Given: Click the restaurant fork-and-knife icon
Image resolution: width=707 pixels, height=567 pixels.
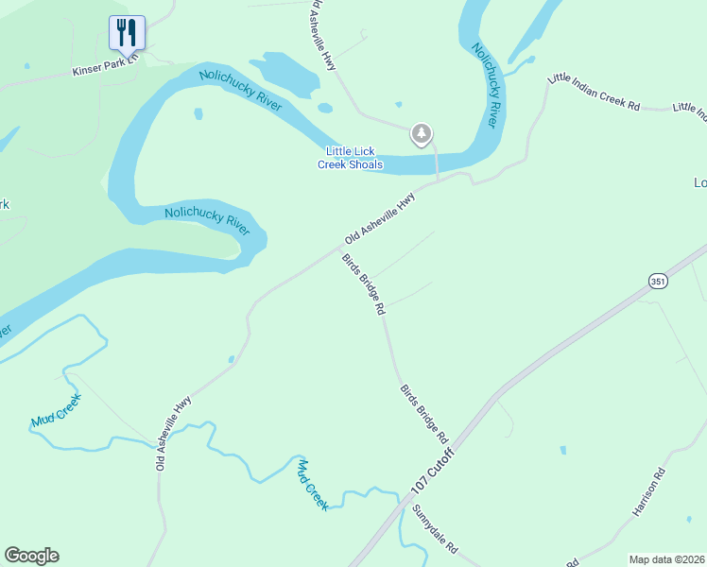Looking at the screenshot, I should [126, 33].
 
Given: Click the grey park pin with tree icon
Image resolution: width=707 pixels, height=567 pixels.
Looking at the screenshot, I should [422, 134].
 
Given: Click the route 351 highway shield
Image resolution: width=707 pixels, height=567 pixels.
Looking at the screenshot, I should [658, 281].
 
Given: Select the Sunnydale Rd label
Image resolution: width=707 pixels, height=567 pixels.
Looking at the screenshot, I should [435, 528].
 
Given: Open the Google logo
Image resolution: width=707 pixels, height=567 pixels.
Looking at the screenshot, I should [31, 556].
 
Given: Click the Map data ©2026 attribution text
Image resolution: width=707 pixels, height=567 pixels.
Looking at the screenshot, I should [666, 558].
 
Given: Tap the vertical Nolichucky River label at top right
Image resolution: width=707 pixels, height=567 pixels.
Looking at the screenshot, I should [485, 85].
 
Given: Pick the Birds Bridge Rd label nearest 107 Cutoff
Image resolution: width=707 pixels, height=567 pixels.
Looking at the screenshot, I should [423, 414].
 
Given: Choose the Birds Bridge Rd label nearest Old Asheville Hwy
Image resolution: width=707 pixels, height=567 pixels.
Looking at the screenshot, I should [364, 284].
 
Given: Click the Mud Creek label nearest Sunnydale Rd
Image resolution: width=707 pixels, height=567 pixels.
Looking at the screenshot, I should [313, 485].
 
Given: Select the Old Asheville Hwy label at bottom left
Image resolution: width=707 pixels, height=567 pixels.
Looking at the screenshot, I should [174, 433].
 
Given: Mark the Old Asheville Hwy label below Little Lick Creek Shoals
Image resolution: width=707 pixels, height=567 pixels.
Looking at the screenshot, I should [380, 219].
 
